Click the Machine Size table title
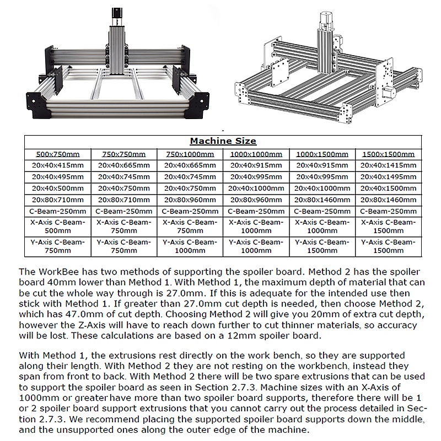(223, 141)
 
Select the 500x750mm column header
(58, 154)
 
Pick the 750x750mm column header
(123, 154)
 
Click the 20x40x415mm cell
(58, 165)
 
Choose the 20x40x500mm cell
(58, 188)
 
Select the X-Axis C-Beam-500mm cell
(58, 226)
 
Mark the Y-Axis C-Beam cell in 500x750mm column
(58, 246)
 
